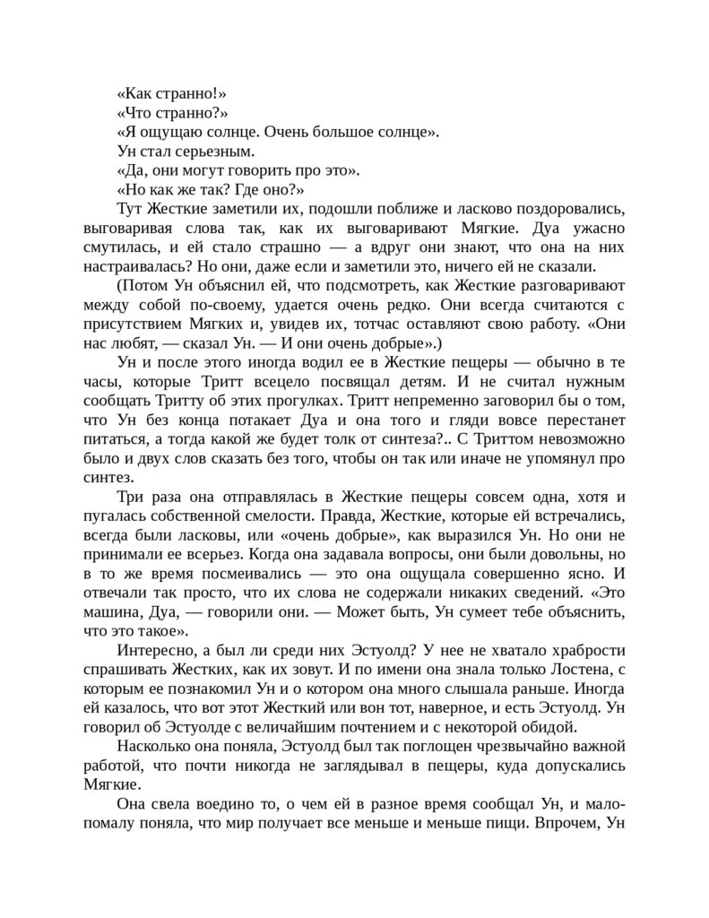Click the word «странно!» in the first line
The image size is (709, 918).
[x=186, y=94]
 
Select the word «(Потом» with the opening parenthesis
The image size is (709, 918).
[x=143, y=286]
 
